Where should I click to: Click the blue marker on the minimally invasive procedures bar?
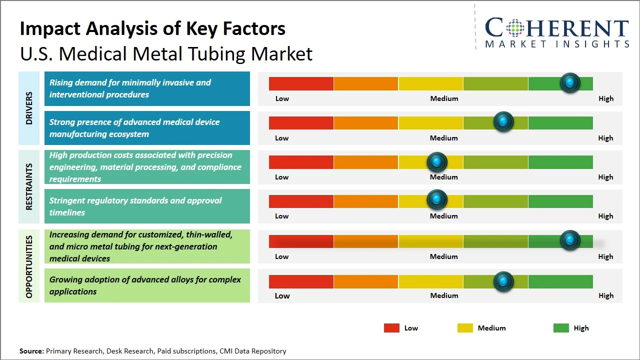pyautogui.click(x=570, y=83)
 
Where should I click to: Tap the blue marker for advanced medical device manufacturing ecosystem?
pyautogui.click(x=503, y=122)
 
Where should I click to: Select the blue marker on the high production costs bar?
pyautogui.click(x=437, y=162)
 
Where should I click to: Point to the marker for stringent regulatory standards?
pyautogui.click(x=437, y=200)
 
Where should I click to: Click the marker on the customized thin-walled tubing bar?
pyautogui.click(x=570, y=240)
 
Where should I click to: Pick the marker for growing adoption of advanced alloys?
pyautogui.click(x=503, y=281)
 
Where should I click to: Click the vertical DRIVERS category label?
pyautogui.click(x=29, y=108)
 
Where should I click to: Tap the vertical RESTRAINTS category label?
pyautogui.click(x=29, y=186)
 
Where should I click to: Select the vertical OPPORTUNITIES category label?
pyautogui.click(x=29, y=266)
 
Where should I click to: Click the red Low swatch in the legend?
pyautogui.click(x=391, y=328)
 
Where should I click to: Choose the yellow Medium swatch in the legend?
pyautogui.click(x=465, y=328)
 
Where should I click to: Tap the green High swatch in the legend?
pyautogui.click(x=561, y=328)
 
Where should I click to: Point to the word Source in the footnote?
pyautogui.click(x=31, y=351)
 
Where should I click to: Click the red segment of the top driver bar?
pyautogui.click(x=301, y=83)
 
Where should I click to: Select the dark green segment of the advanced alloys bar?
pyautogui.click(x=560, y=281)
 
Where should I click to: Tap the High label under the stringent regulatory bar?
pyautogui.click(x=605, y=216)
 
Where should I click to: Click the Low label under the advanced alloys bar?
pyautogui.click(x=282, y=295)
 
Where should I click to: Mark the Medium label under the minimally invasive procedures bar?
pyautogui.click(x=444, y=98)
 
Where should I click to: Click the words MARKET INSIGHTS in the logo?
pyautogui.click(x=557, y=44)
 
